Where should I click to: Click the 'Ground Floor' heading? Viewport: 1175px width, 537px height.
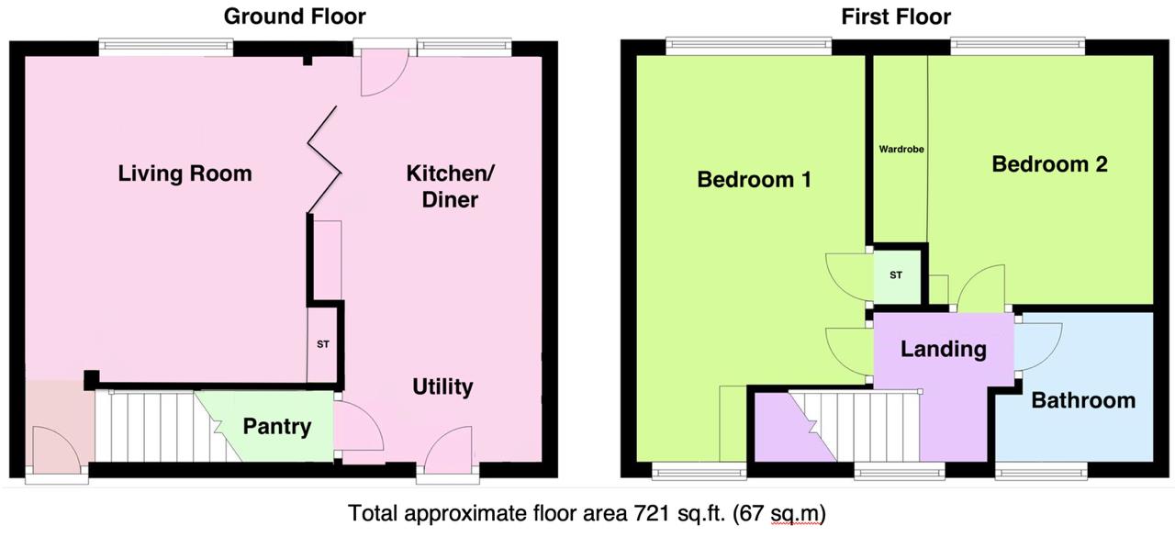[x=295, y=17]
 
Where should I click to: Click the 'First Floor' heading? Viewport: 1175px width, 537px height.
[x=896, y=17]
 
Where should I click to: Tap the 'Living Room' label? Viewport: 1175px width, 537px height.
[x=185, y=173]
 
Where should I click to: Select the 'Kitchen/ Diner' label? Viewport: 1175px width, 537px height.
[x=450, y=185]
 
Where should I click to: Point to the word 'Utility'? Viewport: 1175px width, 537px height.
[x=442, y=386]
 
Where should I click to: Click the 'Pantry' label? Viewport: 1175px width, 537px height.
[x=276, y=427]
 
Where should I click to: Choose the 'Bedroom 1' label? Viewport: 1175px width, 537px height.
[x=754, y=179]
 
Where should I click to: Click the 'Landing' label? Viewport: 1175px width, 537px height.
[x=943, y=349]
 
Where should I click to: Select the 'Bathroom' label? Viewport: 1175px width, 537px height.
[x=1083, y=400]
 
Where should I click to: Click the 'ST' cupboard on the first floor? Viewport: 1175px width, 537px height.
[x=896, y=274]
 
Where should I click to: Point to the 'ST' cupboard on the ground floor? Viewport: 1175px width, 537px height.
[x=322, y=345]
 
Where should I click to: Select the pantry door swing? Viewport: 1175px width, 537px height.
[x=360, y=427]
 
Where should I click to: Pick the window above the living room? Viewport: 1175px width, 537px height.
[x=165, y=47]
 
